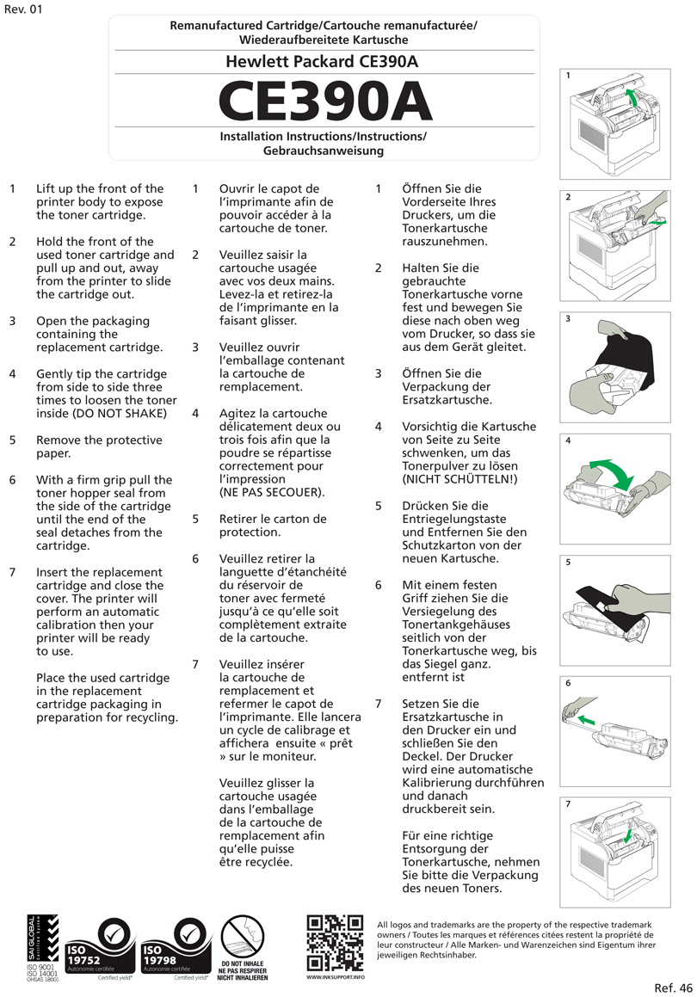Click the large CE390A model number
coord(324,102)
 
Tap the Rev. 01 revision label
coord(22,9)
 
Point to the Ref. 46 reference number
coord(673,987)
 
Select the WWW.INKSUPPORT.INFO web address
coord(335,977)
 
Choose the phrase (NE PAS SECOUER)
coord(272,493)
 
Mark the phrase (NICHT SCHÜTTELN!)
coord(460,479)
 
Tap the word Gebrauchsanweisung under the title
coord(323,151)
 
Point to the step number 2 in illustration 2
coord(569,197)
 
